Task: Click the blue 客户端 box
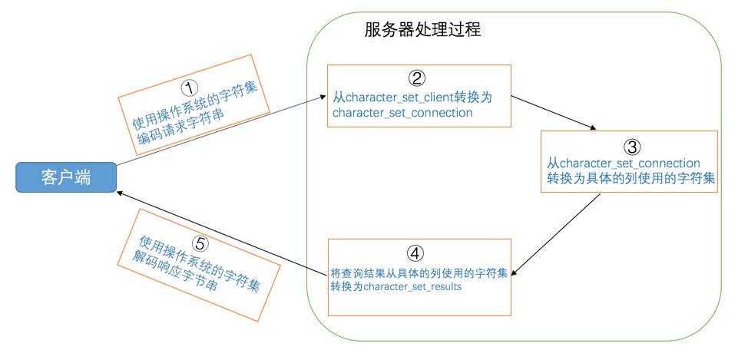click(65, 178)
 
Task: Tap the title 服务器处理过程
click(422, 31)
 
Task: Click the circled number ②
click(415, 78)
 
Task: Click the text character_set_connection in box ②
click(402, 113)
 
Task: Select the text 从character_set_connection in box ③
click(623, 163)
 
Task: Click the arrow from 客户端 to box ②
click(223, 130)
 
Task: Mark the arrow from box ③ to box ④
click(557, 234)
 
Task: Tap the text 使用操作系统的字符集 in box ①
click(194, 102)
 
